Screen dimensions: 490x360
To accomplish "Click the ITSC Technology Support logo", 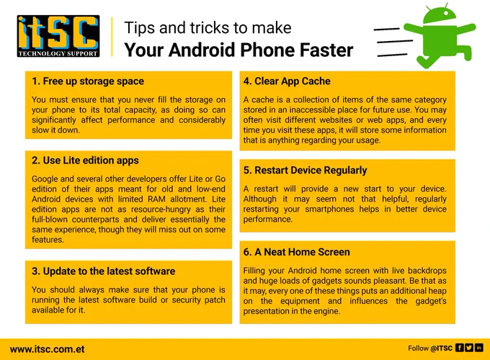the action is point(58,36).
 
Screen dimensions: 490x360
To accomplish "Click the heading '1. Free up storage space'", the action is point(88,81).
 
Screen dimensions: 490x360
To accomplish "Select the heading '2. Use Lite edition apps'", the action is point(85,161).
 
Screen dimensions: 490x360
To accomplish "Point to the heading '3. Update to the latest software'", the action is point(103,271).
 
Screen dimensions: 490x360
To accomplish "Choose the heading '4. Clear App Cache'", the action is point(287,81).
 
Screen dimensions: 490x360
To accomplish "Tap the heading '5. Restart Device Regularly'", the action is point(305,170).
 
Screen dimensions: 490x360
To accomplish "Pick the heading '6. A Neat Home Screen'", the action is point(297,252).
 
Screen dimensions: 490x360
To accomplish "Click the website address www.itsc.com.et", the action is point(47,349).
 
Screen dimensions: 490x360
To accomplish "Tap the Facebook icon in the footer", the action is point(460,348).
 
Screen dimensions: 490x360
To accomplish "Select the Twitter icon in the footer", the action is point(469,348).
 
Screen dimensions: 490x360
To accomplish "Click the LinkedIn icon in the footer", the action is point(478,348).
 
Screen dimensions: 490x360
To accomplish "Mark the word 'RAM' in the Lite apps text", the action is point(156,199).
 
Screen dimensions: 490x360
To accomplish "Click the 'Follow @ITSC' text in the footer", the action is point(430,348).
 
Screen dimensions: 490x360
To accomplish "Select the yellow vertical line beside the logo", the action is point(112,37).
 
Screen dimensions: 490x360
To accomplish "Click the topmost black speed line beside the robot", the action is point(386,30).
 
